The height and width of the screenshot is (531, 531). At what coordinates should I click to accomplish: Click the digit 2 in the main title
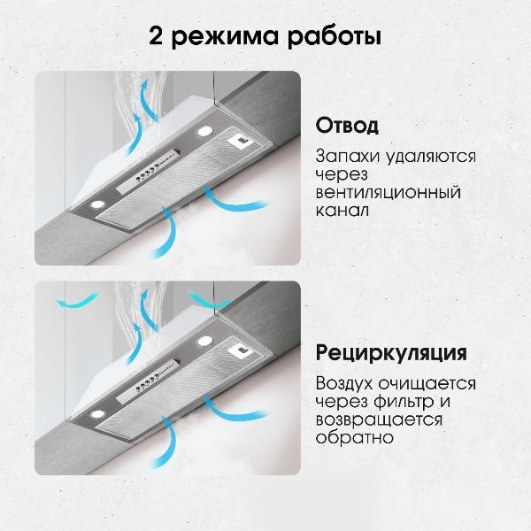158,39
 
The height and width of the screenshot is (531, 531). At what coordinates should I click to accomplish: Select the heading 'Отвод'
347,125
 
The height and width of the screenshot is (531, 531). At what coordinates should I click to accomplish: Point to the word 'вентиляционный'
388,193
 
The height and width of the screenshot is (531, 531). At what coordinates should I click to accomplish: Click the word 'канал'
341,212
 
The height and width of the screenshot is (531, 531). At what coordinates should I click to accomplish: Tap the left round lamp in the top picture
92,205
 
